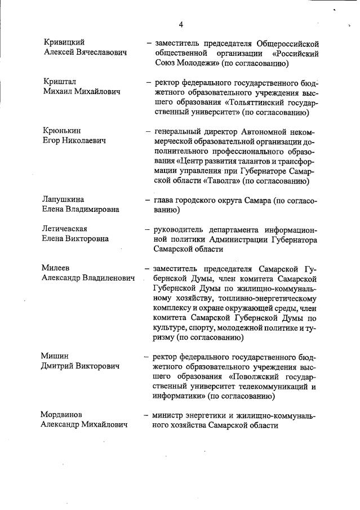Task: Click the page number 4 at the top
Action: click(181, 24)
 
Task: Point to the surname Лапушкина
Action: click(63, 199)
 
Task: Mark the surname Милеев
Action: click(56, 268)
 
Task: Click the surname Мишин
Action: click(55, 356)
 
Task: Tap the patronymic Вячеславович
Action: click(101, 52)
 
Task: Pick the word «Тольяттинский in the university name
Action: click(239, 102)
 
